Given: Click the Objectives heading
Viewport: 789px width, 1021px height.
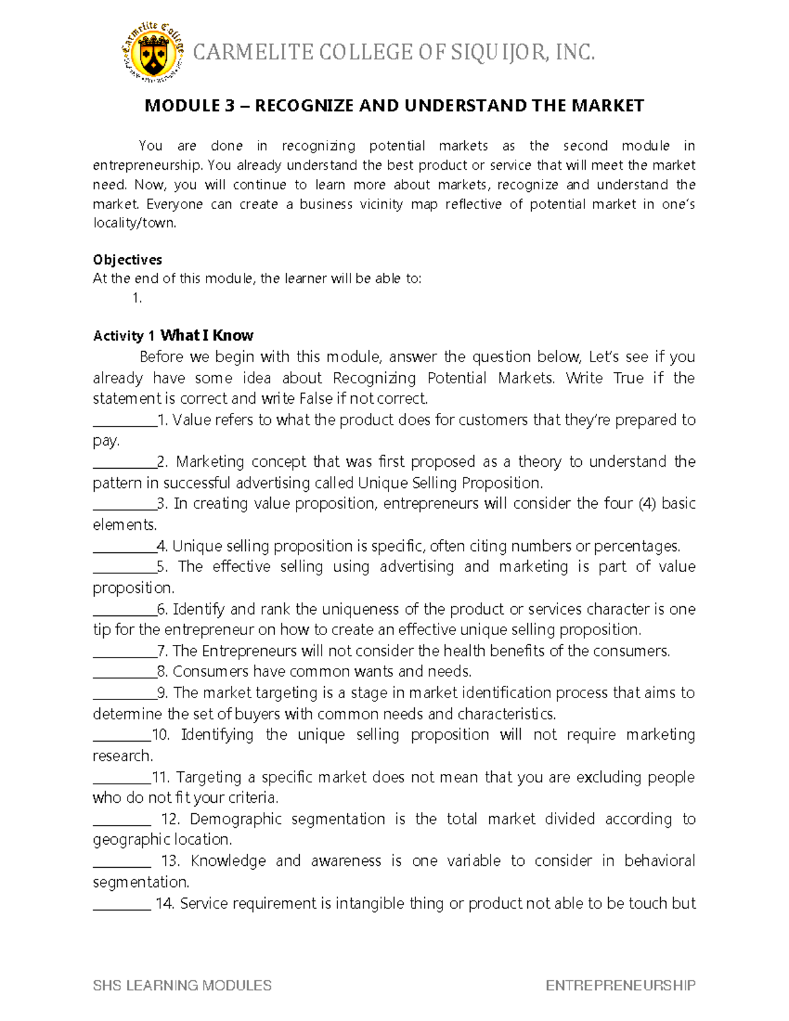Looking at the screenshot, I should (127, 260).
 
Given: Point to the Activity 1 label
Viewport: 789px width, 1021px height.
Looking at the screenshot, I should (124, 336).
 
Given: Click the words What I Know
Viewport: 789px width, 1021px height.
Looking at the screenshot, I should (206, 335).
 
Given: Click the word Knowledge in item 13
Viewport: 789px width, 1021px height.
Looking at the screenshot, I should (228, 861).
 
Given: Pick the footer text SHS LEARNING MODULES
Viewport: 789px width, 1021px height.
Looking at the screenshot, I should (182, 985).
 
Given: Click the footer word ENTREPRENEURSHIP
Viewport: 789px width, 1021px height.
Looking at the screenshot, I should (620, 985).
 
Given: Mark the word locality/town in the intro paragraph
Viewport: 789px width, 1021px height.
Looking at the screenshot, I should (134, 223).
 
